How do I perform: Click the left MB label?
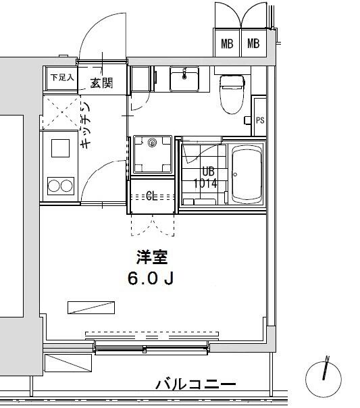coord(227,45)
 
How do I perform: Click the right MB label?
coord(253,45)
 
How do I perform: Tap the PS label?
coord(260,120)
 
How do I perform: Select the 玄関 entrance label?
coord(101,83)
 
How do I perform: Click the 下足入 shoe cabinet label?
coord(61,77)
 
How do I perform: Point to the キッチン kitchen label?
coord(86,126)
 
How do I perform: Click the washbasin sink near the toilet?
coord(183,79)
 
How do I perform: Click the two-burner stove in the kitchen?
coord(58,184)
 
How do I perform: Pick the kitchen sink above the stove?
coord(59,147)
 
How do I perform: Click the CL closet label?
coord(153,197)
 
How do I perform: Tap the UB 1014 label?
coord(205,178)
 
